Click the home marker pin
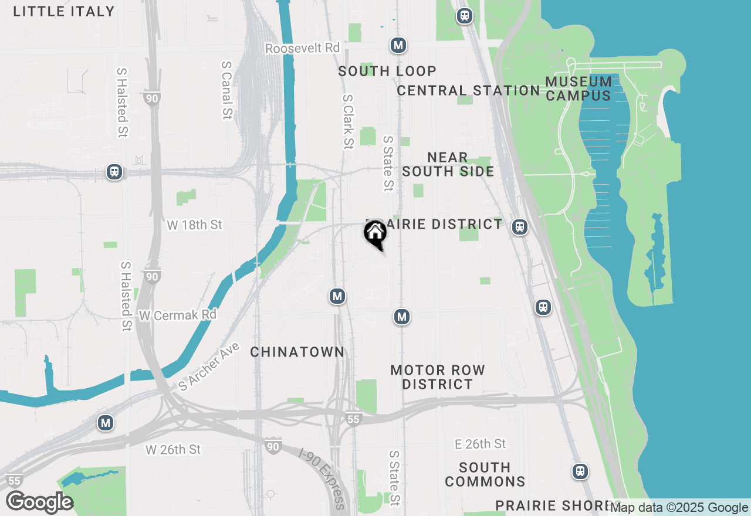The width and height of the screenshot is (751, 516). point(375,234)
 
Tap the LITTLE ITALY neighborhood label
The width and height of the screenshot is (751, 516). point(64,11)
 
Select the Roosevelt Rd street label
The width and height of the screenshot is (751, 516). point(302,48)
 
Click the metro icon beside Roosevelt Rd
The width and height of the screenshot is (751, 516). point(398,45)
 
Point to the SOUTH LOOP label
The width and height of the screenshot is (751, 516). point(387,71)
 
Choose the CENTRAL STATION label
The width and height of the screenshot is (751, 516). point(468,90)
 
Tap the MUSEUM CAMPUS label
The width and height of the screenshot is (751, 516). point(579,88)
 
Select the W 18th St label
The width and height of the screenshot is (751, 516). point(195,225)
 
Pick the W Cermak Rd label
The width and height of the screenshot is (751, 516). point(178,315)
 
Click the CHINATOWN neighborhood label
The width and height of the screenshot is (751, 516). point(297,352)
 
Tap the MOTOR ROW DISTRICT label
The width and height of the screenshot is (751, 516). point(438,377)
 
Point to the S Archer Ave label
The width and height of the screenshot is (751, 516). point(209,366)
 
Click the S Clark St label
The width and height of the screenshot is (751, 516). point(348,121)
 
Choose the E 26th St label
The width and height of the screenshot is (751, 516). point(481,444)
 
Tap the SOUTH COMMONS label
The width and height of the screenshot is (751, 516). point(485,474)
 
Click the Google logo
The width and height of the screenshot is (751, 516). point(39,503)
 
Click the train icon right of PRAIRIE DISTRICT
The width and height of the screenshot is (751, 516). point(519,227)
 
